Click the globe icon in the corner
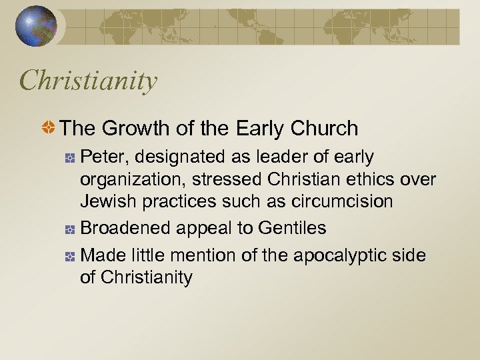[x=35, y=26]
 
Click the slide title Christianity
[x=89, y=81]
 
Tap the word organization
[x=130, y=180]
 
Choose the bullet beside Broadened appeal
[x=69, y=229]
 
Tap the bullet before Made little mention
[x=69, y=256]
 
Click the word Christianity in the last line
[x=147, y=277]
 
